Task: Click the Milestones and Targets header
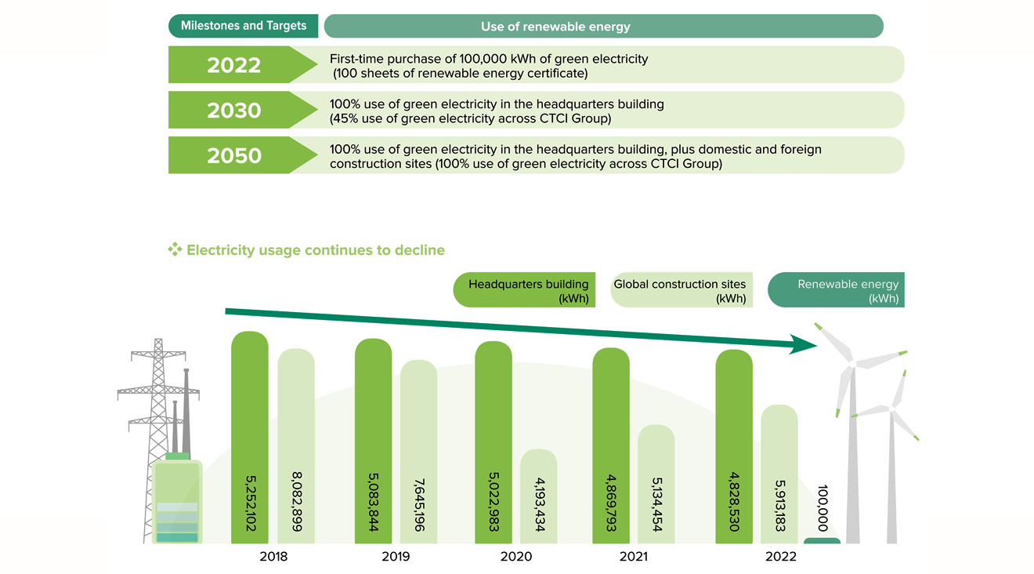coord(244,26)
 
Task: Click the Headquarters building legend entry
coord(524,290)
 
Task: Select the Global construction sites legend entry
coord(681,290)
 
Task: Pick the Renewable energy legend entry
coord(836,290)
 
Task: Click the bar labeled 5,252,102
coord(250,438)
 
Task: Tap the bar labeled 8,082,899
coord(296,446)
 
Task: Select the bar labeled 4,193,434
coord(539,496)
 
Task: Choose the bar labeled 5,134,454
coord(656,484)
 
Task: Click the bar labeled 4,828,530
coord(734,446)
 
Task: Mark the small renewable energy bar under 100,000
coord(822,541)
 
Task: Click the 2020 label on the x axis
coord(516,557)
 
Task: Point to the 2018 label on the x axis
coord(273,557)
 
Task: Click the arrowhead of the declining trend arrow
coord(803,344)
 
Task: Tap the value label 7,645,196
coord(419,505)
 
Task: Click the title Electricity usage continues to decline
coord(316,250)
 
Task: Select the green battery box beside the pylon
coord(177,501)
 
